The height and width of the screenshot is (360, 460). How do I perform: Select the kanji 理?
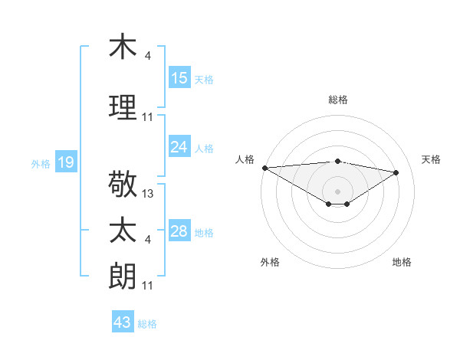tap(123, 107)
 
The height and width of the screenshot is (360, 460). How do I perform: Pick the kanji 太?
tap(123, 231)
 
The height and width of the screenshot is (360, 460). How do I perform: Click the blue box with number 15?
tap(179, 78)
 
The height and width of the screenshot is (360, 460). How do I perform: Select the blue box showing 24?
tap(179, 147)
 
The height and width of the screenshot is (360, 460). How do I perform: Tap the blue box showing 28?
tap(179, 231)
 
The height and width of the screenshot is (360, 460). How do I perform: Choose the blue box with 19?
tap(65, 162)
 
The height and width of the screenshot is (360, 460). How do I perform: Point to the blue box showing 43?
tap(123, 322)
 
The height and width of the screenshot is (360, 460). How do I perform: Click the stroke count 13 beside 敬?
tap(148, 194)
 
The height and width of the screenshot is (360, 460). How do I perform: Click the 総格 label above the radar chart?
tap(338, 100)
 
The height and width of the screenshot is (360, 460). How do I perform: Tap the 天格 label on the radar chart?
tap(432, 159)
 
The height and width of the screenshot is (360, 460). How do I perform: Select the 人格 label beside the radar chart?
tap(245, 159)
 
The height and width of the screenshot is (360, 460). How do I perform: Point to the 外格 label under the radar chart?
tap(270, 262)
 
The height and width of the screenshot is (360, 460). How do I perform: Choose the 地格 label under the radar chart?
tap(402, 262)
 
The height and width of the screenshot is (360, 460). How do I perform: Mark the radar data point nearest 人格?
tap(264, 167)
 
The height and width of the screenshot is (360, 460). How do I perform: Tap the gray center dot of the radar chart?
tap(337, 190)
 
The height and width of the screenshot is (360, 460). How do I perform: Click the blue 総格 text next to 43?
tap(147, 323)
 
